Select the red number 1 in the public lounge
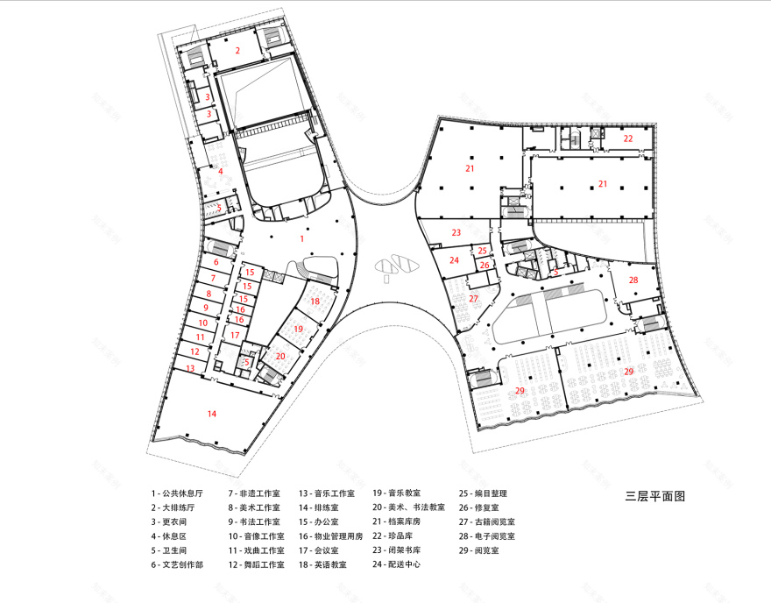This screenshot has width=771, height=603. coord(302,238)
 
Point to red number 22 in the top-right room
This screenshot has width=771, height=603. coord(628,138)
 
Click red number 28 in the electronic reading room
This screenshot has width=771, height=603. coord(633,280)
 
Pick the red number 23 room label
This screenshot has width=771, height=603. coord(456,232)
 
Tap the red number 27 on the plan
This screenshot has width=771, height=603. coord(473,299)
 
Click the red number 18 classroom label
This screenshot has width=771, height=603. coord(315,301)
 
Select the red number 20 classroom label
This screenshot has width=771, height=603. coord(280,356)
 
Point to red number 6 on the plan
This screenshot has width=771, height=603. coord(216,262)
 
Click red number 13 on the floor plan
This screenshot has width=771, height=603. coord(191,368)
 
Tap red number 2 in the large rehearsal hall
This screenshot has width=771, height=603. coord(237,51)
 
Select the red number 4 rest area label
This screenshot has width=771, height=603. coord(221,171)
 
